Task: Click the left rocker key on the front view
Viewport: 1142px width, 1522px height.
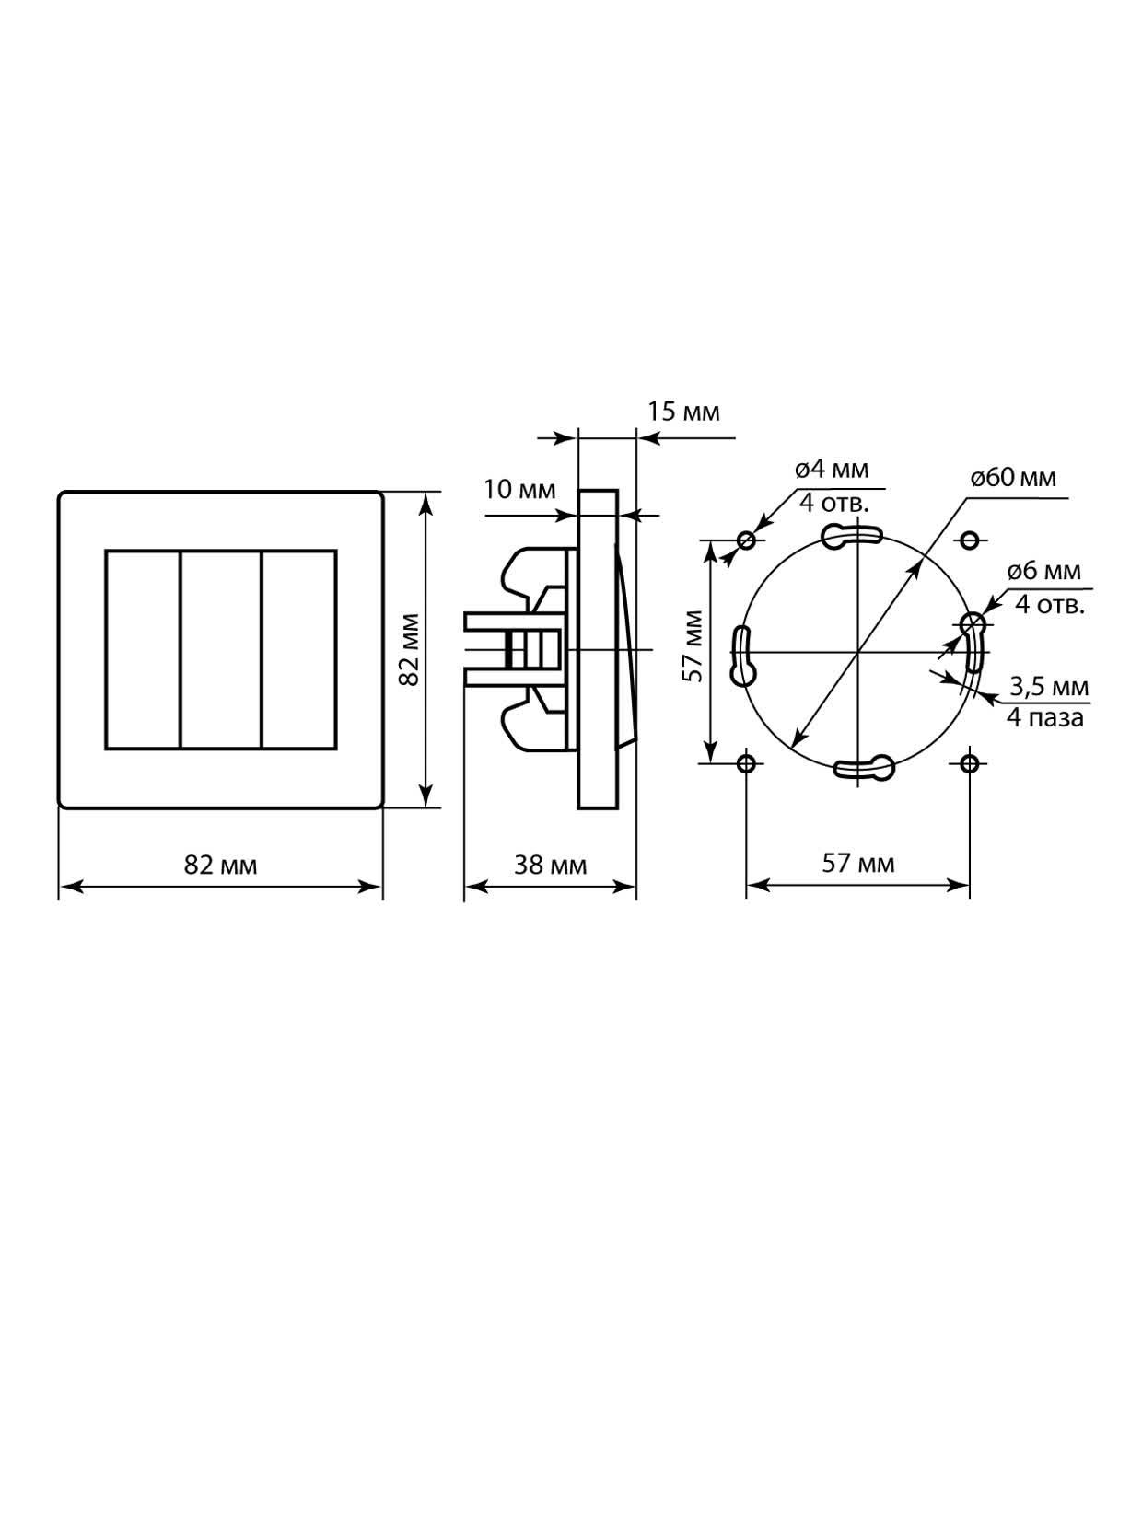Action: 143,650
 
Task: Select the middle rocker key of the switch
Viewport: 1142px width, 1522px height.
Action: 221,650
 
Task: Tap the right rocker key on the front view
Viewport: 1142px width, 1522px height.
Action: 299,650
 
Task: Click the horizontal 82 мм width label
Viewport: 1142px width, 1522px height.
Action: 220,866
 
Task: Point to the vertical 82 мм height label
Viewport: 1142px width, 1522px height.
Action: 411,650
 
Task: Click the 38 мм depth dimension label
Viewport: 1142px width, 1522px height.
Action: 550,866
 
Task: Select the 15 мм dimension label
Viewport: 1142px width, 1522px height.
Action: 683,412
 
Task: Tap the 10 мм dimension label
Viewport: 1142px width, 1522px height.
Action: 519,490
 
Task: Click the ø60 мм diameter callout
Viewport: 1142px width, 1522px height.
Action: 1013,478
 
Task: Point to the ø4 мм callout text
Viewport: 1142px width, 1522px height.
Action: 832,470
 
